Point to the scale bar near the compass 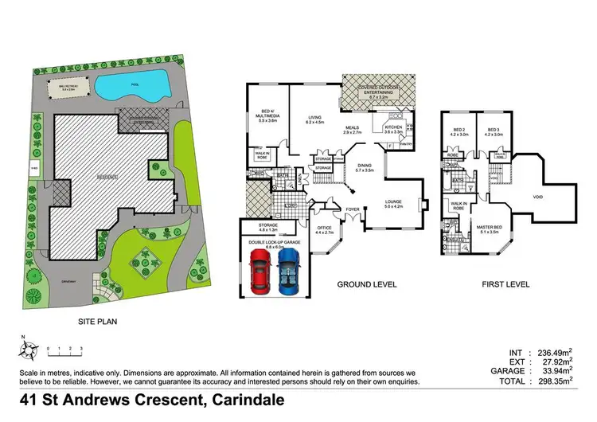point(65,350)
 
